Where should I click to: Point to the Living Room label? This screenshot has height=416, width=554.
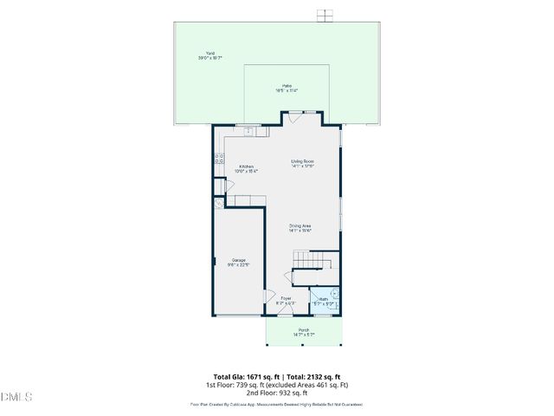[302, 164]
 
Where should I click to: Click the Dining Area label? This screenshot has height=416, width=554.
[300, 228]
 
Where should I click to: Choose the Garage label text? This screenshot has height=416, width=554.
[238, 263]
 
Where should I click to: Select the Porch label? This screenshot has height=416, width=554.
[303, 332]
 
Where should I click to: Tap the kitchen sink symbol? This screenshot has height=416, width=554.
[247, 132]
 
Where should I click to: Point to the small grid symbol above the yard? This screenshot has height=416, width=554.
[324, 14]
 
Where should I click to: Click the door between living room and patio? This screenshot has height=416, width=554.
[296, 116]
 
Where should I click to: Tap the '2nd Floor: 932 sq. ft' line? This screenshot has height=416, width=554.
[277, 392]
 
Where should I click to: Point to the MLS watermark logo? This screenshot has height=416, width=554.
[16, 397]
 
